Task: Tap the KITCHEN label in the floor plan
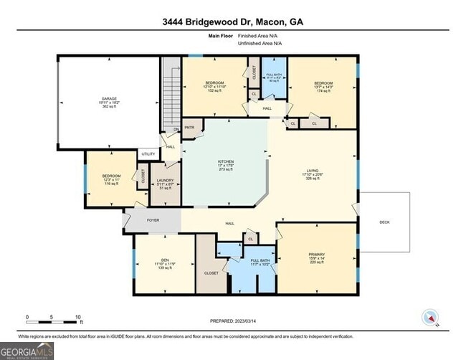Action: (226, 162)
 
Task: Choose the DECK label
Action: (384, 222)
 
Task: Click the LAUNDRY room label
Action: (166, 182)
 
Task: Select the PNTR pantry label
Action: (190, 128)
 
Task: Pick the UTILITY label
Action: (148, 153)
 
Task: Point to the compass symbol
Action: (430, 318)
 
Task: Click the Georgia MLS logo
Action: (27, 351)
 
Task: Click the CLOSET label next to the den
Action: (211, 273)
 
